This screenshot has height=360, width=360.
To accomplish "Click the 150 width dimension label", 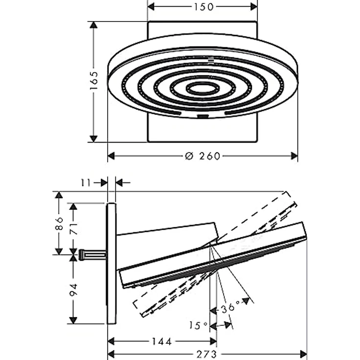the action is [x=204, y=7].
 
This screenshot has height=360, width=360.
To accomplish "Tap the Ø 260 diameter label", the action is [x=202, y=156].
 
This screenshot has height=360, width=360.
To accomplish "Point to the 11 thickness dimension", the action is [x=86, y=183].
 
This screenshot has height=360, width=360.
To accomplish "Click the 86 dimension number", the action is [x=59, y=223].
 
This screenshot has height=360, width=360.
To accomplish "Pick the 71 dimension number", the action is [x=73, y=228].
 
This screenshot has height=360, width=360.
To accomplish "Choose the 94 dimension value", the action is [x=73, y=290].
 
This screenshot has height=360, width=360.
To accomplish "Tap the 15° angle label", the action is [x=198, y=325].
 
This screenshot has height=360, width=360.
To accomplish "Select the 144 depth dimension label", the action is [x=162, y=341].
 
